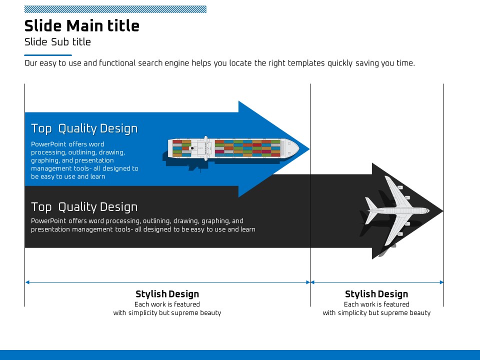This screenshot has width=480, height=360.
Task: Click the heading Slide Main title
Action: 81,25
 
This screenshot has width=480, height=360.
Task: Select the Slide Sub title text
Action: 57,42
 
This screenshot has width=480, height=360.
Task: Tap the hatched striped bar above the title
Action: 115,9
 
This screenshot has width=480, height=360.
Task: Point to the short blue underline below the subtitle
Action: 48,55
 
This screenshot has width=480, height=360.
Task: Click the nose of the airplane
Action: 428,211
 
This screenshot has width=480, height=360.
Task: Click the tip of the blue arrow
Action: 309,149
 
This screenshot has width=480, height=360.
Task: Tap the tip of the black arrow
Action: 443,211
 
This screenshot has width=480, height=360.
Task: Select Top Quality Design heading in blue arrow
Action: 84,129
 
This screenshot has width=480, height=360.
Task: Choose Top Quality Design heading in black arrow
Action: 84,207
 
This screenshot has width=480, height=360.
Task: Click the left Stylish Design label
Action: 167,294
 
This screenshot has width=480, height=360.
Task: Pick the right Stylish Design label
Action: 376,294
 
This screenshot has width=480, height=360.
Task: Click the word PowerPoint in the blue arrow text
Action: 48,144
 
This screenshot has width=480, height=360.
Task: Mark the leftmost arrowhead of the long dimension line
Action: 27,282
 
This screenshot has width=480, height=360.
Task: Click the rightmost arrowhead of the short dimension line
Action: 441,282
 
